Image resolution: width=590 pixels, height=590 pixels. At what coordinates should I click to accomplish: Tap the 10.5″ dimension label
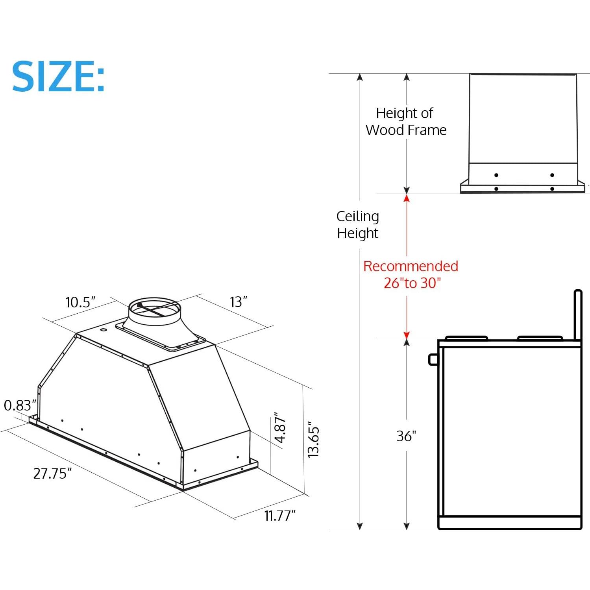tap(80, 302)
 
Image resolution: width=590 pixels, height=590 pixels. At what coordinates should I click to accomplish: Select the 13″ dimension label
tap(239, 302)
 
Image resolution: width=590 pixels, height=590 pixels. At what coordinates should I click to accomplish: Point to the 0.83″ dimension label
tap(20, 405)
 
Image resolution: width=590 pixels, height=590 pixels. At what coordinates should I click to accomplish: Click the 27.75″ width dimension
tap(52, 473)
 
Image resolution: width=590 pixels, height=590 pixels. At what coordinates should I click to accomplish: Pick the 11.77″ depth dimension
tap(280, 515)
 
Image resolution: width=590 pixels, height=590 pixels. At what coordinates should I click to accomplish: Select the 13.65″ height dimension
tap(314, 439)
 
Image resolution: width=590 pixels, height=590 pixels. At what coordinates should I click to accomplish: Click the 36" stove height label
tap(406, 436)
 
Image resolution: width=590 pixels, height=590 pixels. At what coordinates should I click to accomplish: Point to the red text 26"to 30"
tap(412, 283)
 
